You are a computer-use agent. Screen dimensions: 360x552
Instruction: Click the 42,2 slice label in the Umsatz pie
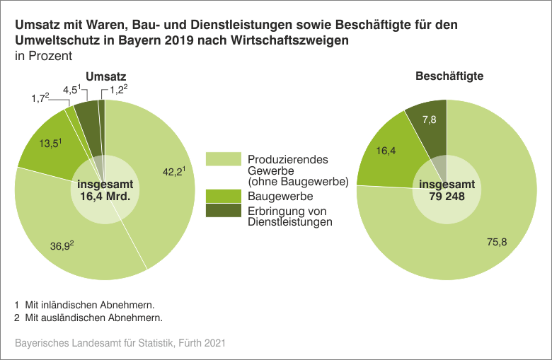173,172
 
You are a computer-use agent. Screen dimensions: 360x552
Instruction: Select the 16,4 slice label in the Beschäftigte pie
386,150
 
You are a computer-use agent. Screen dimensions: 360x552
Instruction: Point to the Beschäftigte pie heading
449,76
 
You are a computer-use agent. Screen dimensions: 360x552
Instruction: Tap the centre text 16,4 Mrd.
104,197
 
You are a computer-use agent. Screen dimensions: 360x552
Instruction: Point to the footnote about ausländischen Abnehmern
88,318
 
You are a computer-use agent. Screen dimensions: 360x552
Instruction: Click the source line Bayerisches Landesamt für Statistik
120,343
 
